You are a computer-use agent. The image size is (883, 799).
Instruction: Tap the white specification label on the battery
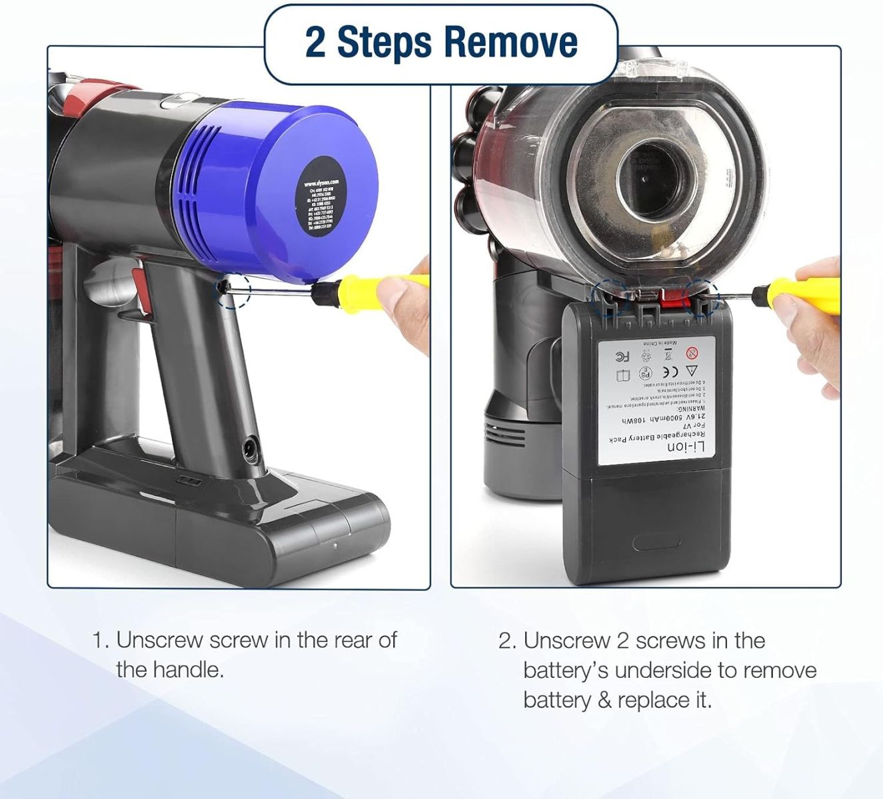(657, 400)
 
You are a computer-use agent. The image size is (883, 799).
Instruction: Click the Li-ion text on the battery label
(686, 449)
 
